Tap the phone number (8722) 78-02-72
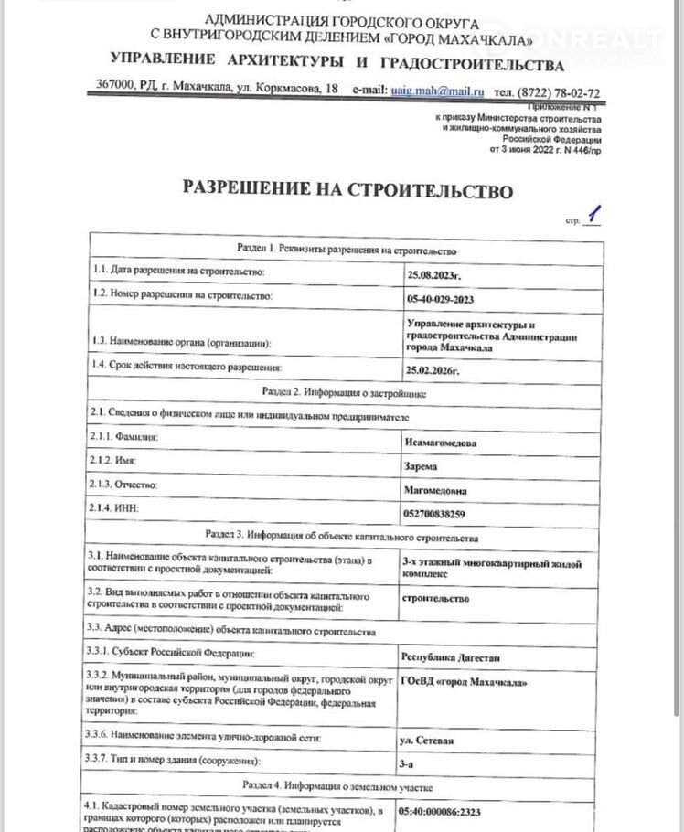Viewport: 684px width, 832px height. [547, 92]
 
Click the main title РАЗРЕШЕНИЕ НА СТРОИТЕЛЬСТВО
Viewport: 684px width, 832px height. [347, 189]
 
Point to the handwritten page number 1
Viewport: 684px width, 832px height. [594, 215]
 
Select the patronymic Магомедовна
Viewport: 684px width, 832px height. [441, 490]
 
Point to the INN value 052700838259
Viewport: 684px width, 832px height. [441, 514]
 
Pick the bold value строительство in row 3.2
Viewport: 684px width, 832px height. [435, 599]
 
